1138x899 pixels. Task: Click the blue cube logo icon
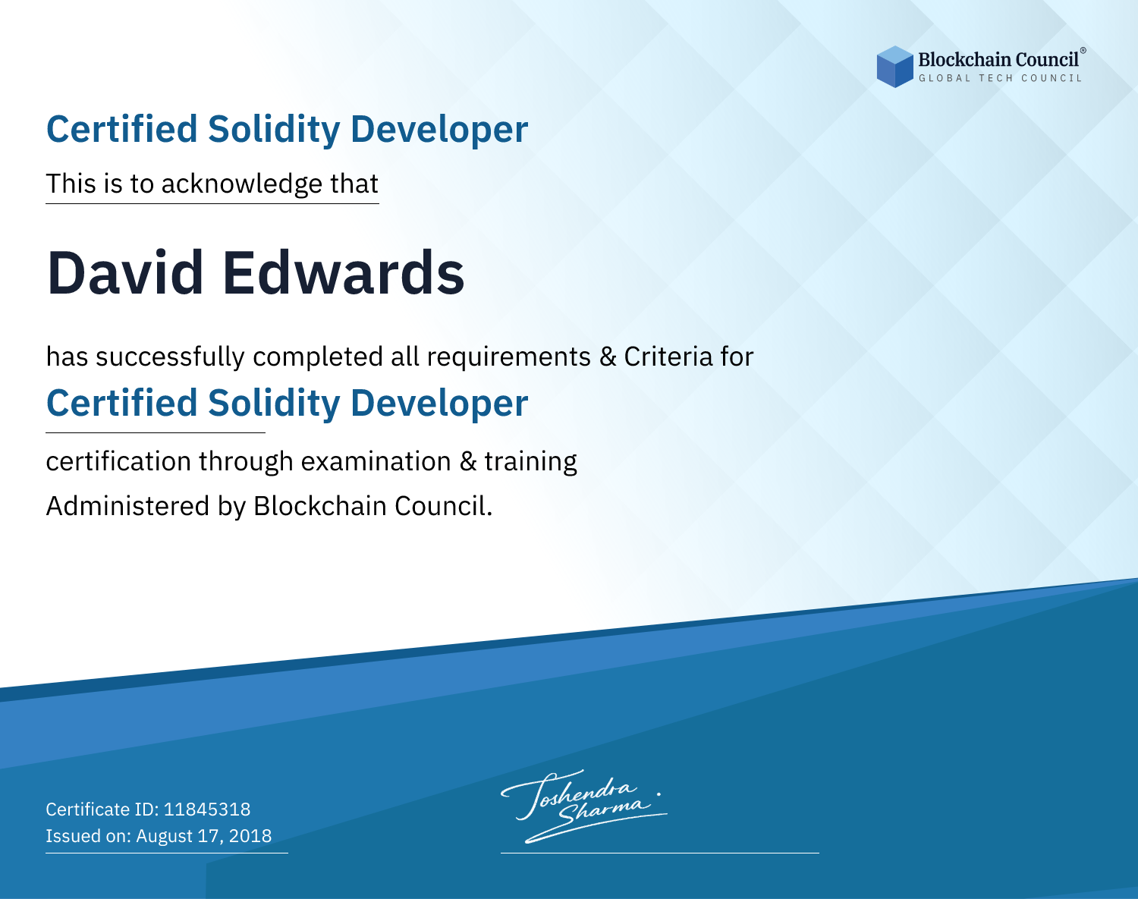[x=894, y=67]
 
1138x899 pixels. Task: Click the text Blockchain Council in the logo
[x=998, y=60]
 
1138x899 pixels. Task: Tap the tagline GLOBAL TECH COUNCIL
[x=1001, y=78]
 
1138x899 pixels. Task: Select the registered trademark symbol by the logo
[x=1083, y=50]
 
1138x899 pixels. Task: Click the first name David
[x=125, y=273]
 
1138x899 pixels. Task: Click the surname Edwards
[x=343, y=273]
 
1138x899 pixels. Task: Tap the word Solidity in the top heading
[x=274, y=130]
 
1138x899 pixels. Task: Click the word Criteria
[x=668, y=357]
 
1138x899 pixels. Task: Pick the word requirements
[x=509, y=357]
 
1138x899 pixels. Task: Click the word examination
[x=376, y=461]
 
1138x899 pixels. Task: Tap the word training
[x=530, y=462]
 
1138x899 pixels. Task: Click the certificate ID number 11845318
[x=207, y=809]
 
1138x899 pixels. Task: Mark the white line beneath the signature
[x=660, y=853]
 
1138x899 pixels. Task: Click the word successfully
[x=169, y=357]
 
